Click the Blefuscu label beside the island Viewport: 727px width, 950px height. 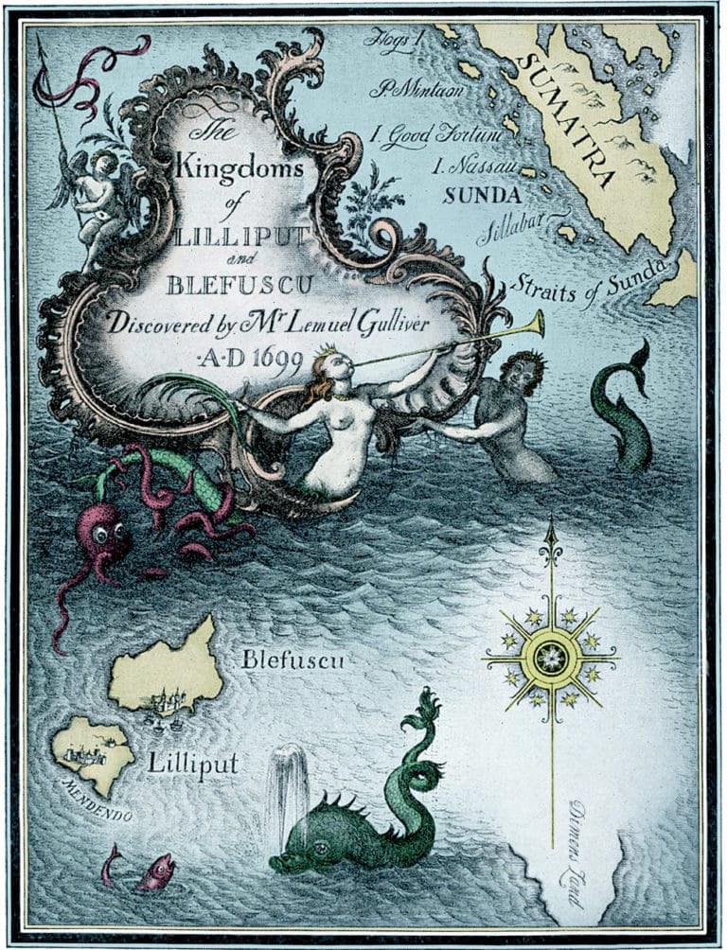[293, 660]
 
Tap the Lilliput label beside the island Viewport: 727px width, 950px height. [192, 763]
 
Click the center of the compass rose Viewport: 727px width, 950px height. [550, 655]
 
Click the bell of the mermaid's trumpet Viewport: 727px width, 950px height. [536, 325]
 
